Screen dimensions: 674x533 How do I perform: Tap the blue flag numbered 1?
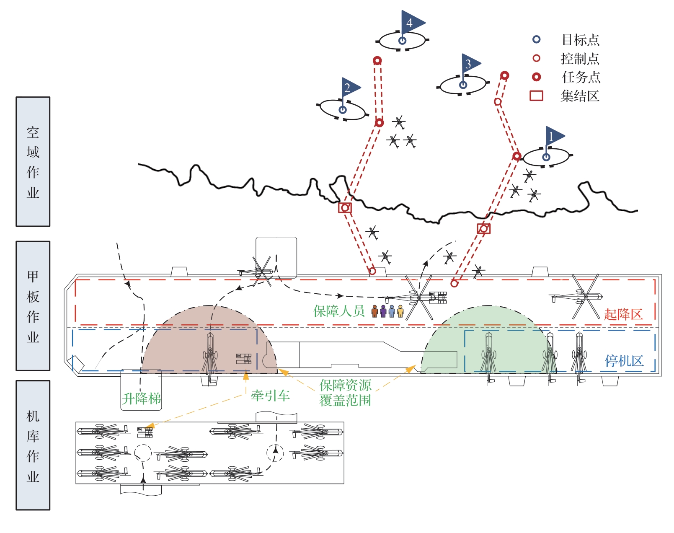[554, 136]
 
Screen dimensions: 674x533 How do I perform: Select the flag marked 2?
[350, 87]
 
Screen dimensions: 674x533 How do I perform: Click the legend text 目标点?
[580, 40]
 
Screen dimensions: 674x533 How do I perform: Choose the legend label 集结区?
[580, 96]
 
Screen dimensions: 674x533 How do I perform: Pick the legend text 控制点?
[580, 59]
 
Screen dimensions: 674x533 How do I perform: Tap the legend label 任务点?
[581, 77]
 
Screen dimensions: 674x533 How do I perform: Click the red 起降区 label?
[623, 314]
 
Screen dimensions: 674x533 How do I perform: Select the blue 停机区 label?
[624, 361]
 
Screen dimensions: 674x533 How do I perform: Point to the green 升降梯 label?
[141, 398]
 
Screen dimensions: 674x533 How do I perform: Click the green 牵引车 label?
[270, 396]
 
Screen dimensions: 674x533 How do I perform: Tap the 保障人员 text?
[339, 311]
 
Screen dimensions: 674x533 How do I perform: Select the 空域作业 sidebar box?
[33, 162]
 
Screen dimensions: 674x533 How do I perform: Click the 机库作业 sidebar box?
[33, 445]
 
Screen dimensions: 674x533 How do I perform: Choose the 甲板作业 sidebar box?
[33, 306]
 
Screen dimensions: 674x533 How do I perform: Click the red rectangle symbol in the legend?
[536, 96]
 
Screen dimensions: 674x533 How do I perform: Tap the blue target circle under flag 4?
[402, 40]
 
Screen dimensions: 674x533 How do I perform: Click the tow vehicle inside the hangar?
[145, 432]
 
